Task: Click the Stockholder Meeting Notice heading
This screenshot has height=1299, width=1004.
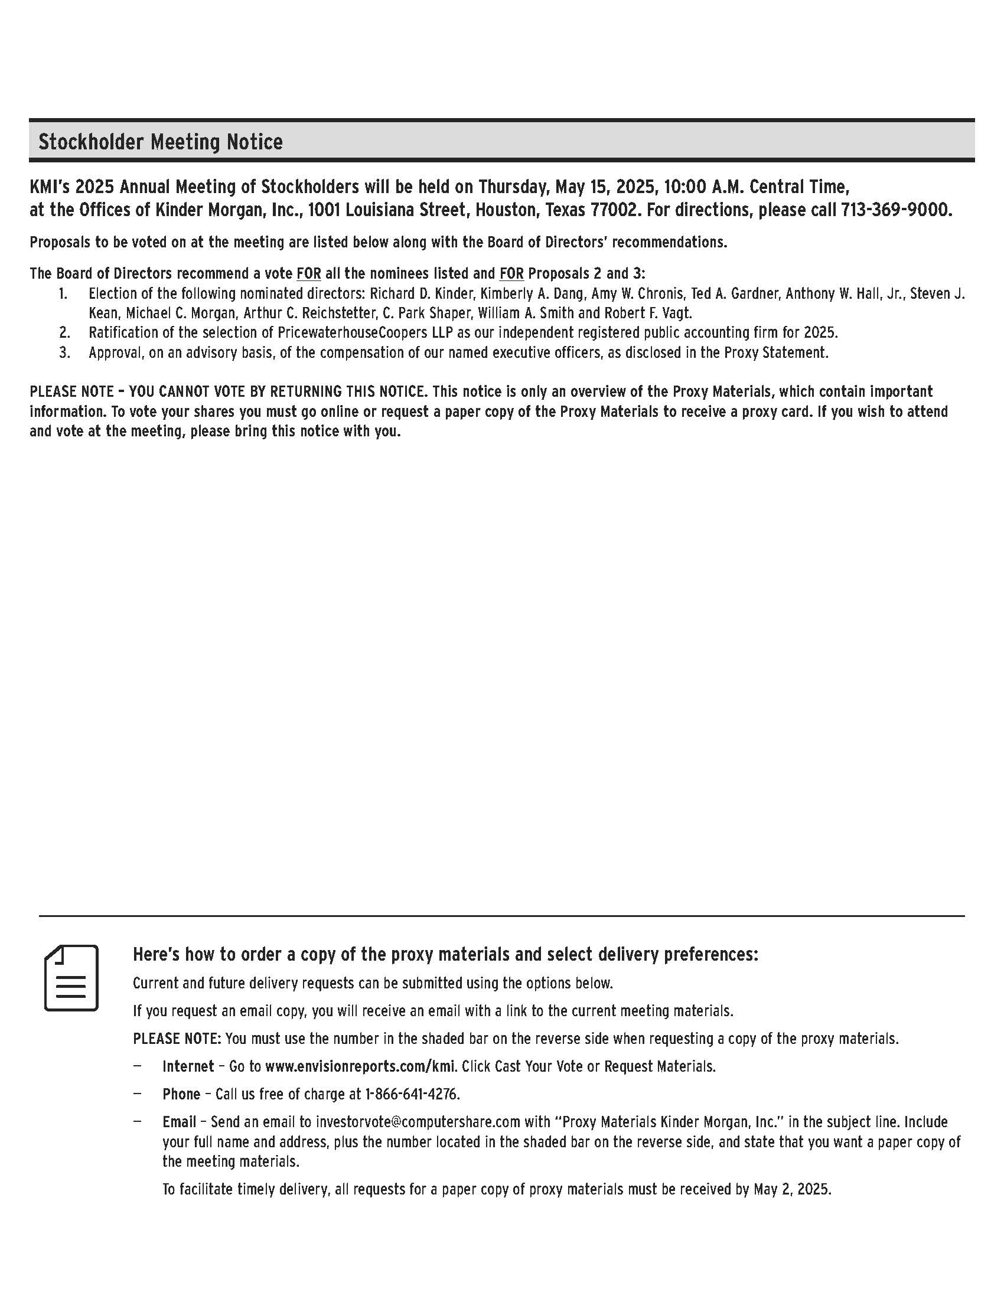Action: click(x=161, y=142)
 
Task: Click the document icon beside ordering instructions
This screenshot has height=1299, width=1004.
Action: click(x=71, y=978)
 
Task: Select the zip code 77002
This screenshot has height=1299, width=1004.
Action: click(x=607, y=210)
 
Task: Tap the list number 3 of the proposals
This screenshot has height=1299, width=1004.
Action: click(x=64, y=353)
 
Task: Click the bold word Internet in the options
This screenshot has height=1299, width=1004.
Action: click(x=188, y=1066)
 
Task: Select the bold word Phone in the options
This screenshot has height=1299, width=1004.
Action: click(x=181, y=1094)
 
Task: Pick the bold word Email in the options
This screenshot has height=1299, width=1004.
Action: click(x=179, y=1122)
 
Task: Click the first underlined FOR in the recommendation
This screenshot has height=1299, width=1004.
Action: click(x=309, y=273)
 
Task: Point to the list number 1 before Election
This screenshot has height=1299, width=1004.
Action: click(x=64, y=293)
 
